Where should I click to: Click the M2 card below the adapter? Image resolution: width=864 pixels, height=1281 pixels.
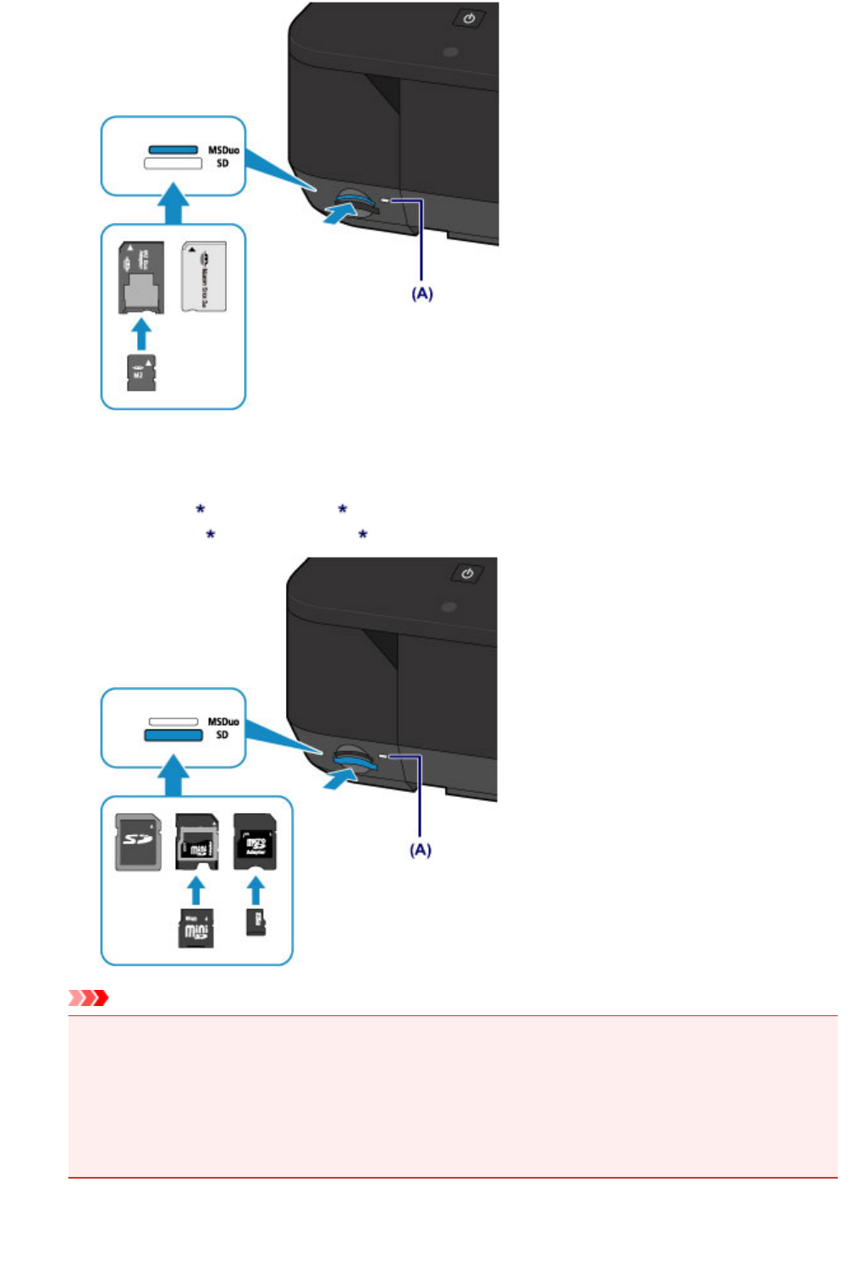tap(141, 373)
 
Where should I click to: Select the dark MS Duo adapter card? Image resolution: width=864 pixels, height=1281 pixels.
tap(140, 278)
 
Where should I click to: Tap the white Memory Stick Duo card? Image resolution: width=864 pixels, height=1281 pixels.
tap(203, 277)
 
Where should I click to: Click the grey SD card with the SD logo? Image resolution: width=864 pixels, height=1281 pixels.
tap(138, 842)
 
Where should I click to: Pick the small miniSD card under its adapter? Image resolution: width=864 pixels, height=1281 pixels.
tap(195, 929)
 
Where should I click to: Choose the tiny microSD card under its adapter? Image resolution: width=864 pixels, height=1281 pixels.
tap(256, 921)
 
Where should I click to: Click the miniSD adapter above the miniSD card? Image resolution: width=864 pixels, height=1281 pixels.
tap(196, 842)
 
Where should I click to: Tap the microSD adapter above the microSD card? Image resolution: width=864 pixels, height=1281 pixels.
tap(255, 841)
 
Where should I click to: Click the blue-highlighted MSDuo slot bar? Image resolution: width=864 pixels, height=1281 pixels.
tap(173, 150)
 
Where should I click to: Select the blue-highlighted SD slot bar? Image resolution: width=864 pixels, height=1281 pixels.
tap(173, 735)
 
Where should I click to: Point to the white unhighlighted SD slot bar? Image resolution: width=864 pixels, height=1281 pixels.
tap(173, 163)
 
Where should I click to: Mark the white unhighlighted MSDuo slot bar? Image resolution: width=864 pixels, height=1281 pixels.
tap(173, 722)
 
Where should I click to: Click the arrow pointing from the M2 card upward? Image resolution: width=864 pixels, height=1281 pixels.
tap(141, 333)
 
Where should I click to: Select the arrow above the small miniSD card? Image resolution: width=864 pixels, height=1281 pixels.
tap(195, 891)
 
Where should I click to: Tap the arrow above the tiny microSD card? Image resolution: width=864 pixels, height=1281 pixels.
tap(255, 891)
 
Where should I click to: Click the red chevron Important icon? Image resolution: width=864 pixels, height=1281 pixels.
tap(89, 998)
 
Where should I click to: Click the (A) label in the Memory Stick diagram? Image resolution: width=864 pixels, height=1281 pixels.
tap(422, 294)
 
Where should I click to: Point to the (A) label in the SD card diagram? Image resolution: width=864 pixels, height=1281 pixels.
tap(421, 849)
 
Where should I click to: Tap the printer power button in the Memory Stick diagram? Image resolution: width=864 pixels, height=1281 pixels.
tap(470, 18)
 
